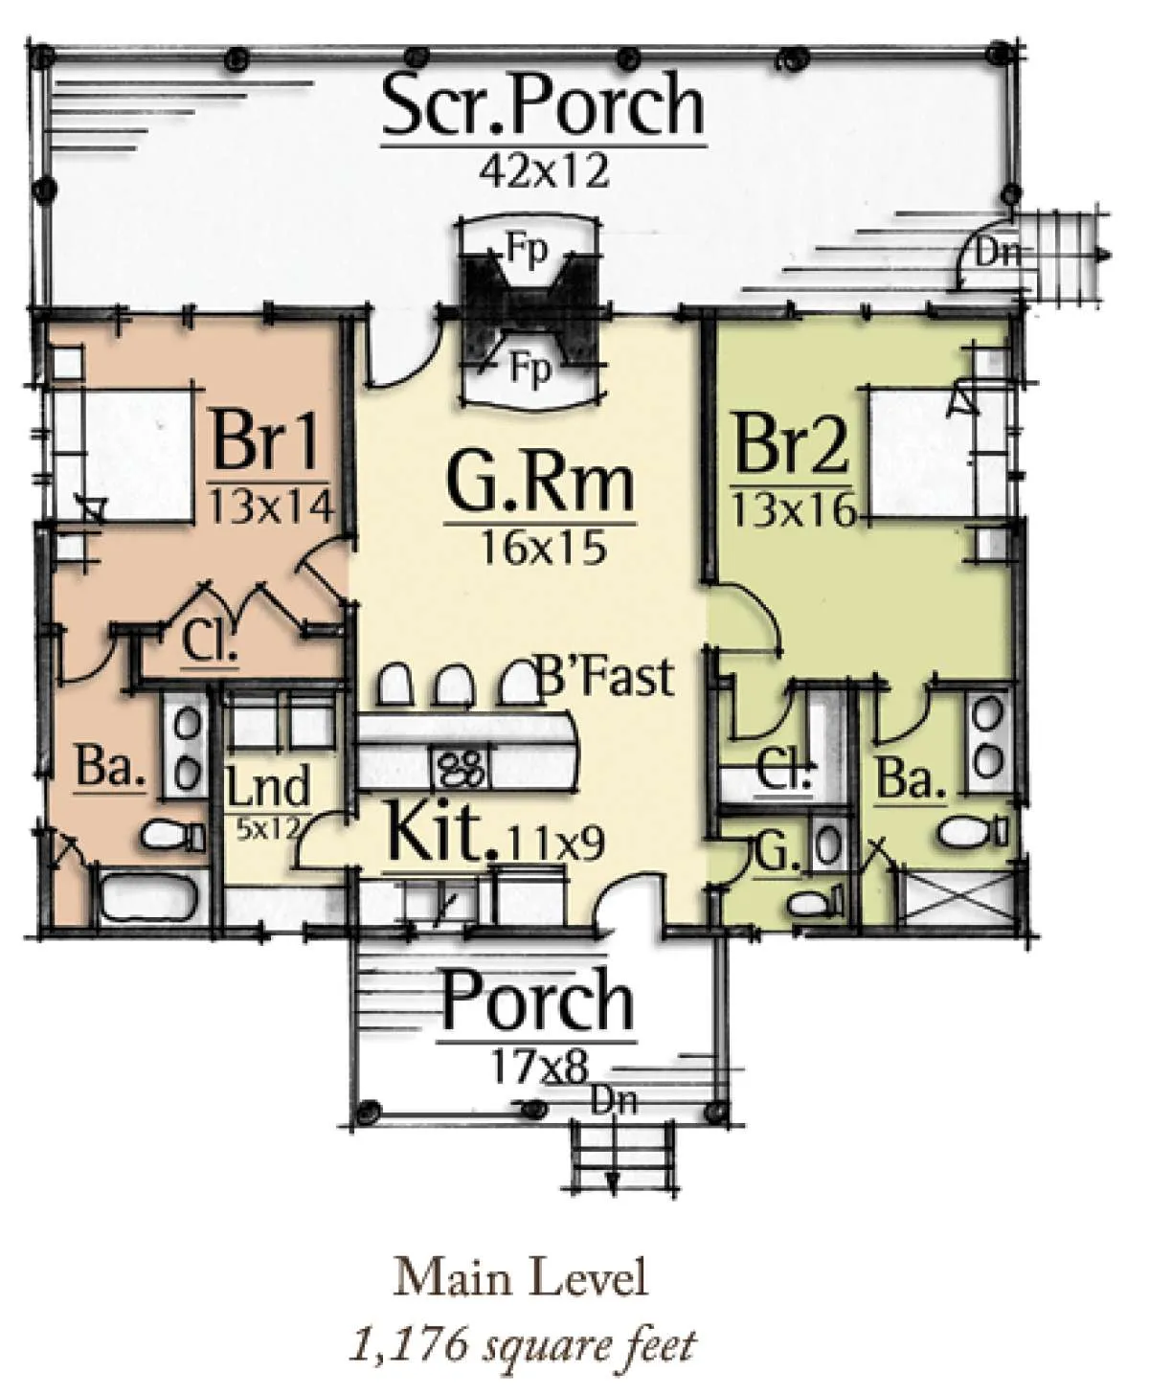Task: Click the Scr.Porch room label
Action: click(x=543, y=107)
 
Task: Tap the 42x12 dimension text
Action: click(x=544, y=171)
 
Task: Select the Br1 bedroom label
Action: click(x=265, y=440)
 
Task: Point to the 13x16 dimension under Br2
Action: click(x=793, y=512)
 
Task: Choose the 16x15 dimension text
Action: click(x=541, y=550)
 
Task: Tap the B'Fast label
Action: click(x=605, y=676)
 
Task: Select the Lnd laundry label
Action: click(x=268, y=786)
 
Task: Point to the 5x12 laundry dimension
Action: click(x=267, y=827)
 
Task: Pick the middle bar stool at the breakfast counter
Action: click(x=453, y=685)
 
